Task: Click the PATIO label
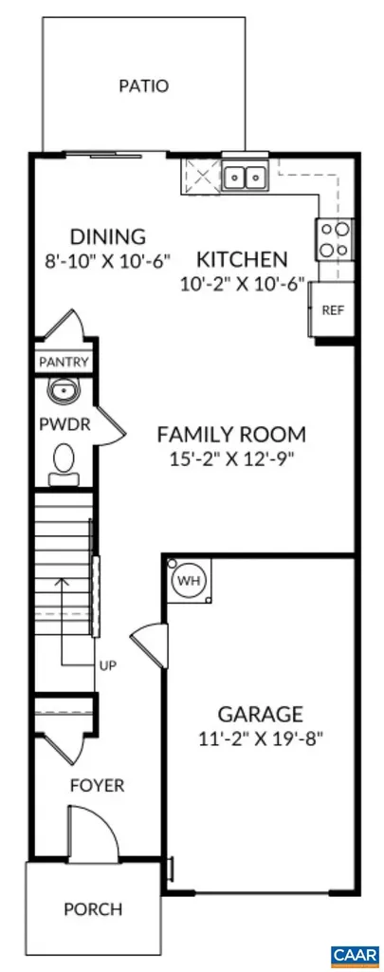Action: coord(143,86)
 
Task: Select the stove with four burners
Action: coord(335,238)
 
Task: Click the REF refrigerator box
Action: coord(333,310)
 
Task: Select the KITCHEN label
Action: coord(242,258)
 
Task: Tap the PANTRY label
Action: coord(64,362)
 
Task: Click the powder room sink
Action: coord(63,391)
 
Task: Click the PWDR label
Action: coord(64,424)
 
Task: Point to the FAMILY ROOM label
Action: coord(231,435)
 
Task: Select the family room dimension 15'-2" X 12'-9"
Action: coord(231,459)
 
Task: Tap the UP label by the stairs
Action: coord(107,665)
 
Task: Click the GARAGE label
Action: coord(260,714)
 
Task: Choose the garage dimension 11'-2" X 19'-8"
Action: coord(260,738)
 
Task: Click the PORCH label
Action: coord(93,908)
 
